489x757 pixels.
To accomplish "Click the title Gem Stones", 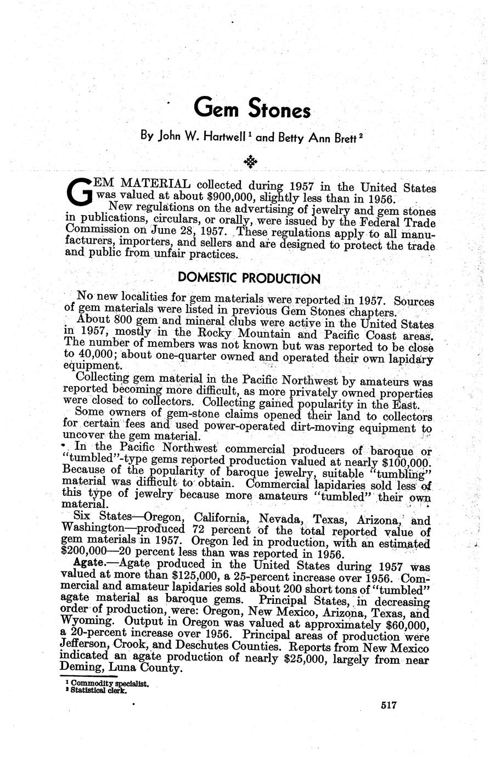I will [252, 108].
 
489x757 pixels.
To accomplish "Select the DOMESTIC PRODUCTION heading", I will [249, 278].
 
